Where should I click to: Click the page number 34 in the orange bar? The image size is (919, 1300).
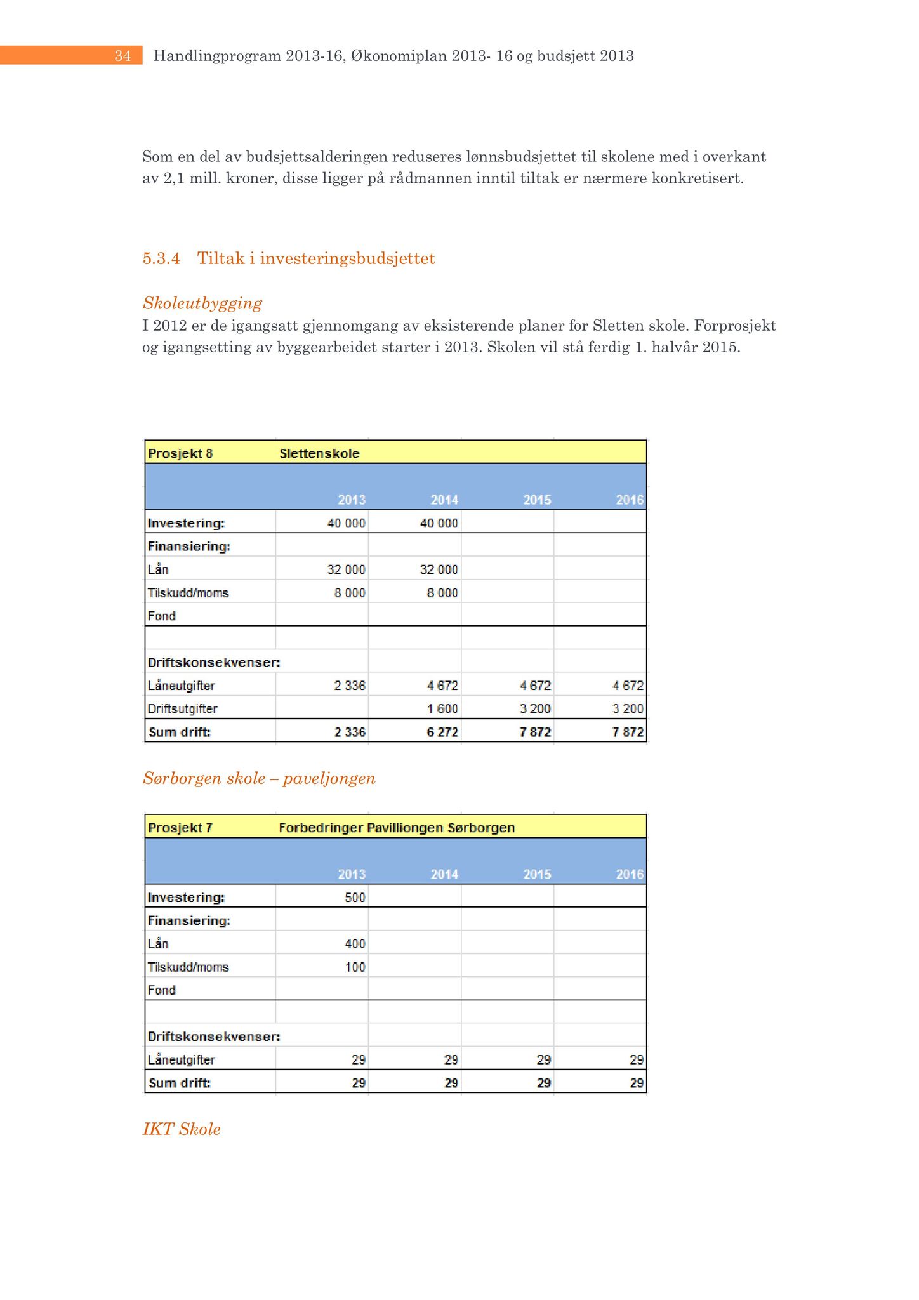[x=122, y=56]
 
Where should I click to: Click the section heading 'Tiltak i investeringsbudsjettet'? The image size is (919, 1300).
[x=316, y=258]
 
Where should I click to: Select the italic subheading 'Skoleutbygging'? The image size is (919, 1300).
[x=202, y=303]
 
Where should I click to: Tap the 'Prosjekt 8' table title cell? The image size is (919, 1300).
[x=180, y=453]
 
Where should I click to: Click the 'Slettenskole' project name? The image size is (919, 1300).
[x=319, y=453]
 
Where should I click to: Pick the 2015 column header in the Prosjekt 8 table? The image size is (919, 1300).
[x=537, y=500]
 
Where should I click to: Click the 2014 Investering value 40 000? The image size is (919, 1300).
[x=439, y=523]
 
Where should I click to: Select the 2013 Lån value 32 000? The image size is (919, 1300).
[x=346, y=569]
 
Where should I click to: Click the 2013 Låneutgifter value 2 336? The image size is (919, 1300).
[x=350, y=686]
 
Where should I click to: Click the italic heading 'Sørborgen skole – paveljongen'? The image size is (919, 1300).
[x=259, y=778]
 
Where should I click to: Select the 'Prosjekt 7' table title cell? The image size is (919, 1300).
[x=180, y=828]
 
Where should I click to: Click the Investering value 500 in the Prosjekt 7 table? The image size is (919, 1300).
[x=355, y=898]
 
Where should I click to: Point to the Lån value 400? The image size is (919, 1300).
[x=355, y=944]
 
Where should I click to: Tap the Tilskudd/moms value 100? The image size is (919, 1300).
[x=355, y=967]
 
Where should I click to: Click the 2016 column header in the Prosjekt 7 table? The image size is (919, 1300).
[x=630, y=874]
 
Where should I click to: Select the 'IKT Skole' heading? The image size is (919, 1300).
[x=182, y=1129]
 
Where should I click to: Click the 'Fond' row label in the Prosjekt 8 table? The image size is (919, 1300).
[x=162, y=616]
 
